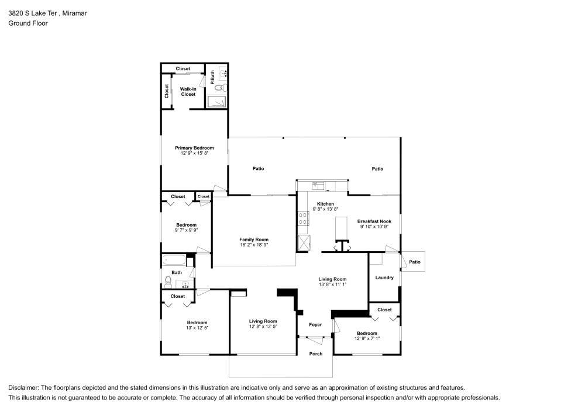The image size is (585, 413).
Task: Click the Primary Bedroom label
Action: tap(194, 148)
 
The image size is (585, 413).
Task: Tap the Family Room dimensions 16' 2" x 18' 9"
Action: tap(254, 245)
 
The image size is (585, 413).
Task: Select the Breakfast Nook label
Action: tap(374, 221)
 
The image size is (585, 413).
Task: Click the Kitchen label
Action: tap(325, 204)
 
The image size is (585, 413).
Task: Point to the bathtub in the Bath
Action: tap(174, 259)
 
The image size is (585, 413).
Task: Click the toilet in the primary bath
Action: tap(221, 88)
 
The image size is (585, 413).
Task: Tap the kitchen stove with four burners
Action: tap(302, 218)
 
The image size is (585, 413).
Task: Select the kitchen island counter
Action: tap(340, 228)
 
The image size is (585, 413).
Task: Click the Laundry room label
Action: tap(384, 277)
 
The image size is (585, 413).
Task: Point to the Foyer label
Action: tap(315, 325)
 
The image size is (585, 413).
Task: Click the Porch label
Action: tap(316, 354)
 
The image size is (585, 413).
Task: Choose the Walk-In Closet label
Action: tap(188, 92)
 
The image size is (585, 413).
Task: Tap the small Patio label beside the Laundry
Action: tap(415, 262)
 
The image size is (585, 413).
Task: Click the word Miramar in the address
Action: tap(75, 13)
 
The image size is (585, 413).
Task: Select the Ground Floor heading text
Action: tap(28, 23)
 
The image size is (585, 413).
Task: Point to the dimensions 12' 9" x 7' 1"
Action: tap(367, 338)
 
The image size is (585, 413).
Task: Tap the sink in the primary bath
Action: tap(223, 74)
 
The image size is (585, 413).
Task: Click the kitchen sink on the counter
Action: tap(318, 185)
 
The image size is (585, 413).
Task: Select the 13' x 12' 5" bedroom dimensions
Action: tap(197, 328)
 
